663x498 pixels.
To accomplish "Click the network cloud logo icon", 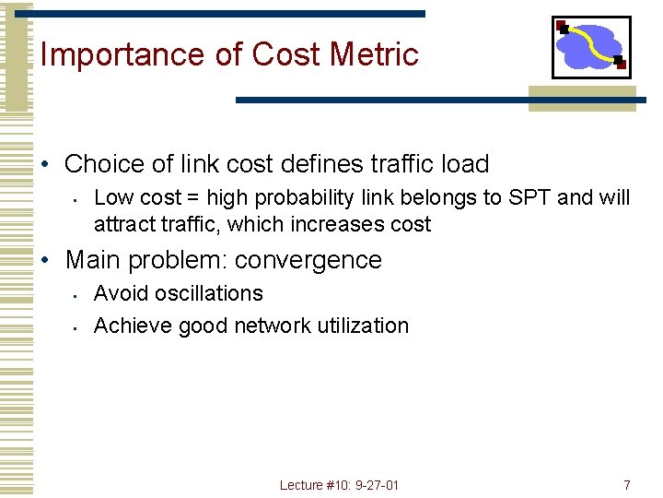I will tap(591, 47).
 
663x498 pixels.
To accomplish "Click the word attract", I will tap(122, 224).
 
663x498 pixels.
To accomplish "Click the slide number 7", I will tap(626, 485).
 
